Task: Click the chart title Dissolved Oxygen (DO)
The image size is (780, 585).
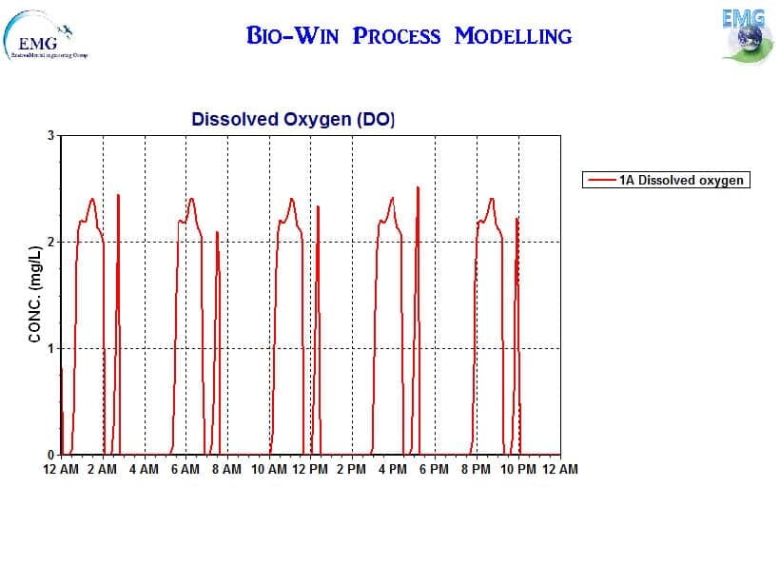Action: tap(292, 120)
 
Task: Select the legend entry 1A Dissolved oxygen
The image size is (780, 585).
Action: tap(681, 180)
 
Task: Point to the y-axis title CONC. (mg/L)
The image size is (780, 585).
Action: tap(35, 294)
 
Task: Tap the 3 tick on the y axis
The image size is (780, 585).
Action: tap(51, 136)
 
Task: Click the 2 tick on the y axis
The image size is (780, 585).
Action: tap(51, 243)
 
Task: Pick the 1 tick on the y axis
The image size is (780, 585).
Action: tap(51, 348)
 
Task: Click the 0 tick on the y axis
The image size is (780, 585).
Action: tap(51, 455)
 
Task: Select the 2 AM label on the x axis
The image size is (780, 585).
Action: tap(103, 469)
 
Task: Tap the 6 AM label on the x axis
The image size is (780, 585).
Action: tap(185, 469)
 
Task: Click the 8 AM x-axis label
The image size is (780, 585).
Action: tap(227, 469)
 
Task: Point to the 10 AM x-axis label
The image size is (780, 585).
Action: tap(268, 469)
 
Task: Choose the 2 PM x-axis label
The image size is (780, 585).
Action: tap(351, 469)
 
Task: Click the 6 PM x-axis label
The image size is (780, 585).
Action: tap(435, 469)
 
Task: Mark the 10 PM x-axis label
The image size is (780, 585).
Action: tap(517, 469)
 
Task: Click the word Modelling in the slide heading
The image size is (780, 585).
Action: tap(514, 36)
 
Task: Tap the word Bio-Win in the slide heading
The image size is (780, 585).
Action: tap(295, 36)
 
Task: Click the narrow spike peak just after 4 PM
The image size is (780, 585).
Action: tap(418, 188)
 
